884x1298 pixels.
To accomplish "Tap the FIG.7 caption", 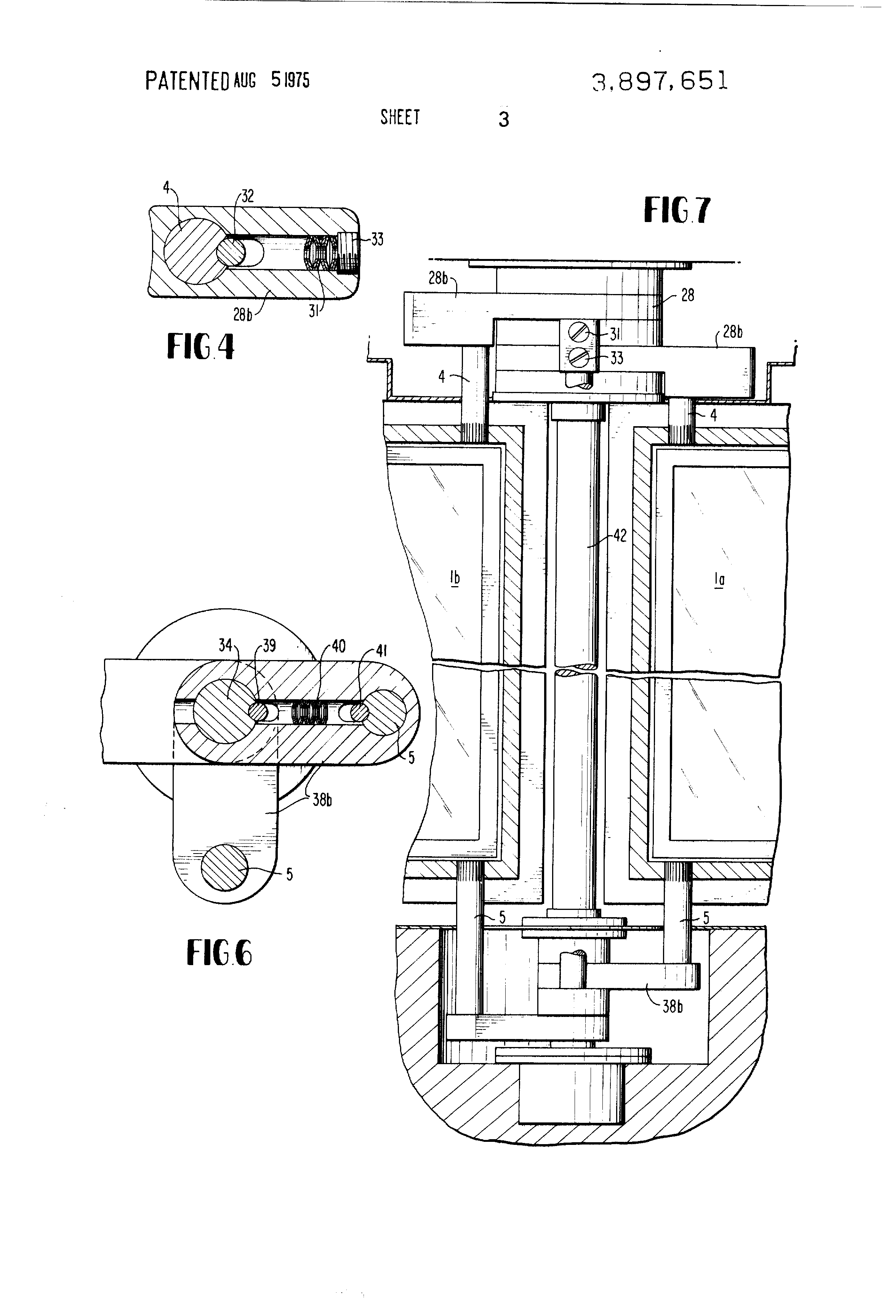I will (x=677, y=211).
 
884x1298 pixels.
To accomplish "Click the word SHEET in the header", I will (x=400, y=117).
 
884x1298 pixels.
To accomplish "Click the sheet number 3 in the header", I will (x=503, y=120).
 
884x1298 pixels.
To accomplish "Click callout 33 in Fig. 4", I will (x=377, y=240).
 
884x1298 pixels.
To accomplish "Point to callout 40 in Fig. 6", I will (x=339, y=646).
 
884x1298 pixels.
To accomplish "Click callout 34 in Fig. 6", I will (x=225, y=645).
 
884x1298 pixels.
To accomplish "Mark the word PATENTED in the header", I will (x=187, y=81).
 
